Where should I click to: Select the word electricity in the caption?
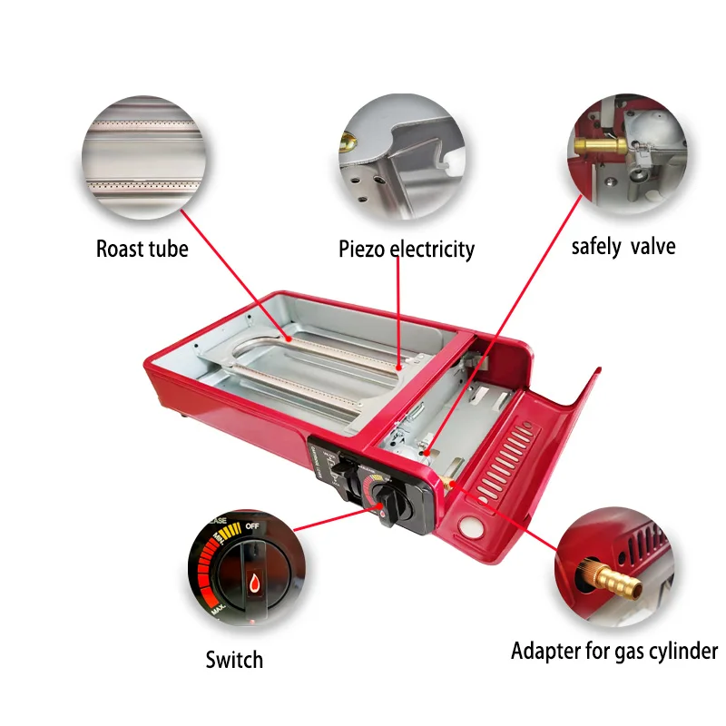click(433, 249)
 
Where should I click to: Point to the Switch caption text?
click(233, 660)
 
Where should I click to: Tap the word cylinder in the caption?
click(682, 651)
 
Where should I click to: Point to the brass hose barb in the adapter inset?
click(611, 577)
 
